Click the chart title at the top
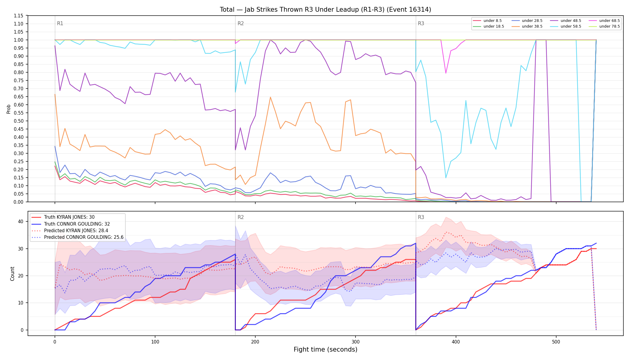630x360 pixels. (x=325, y=10)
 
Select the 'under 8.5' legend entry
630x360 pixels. (x=487, y=21)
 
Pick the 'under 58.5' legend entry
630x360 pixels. (x=565, y=26)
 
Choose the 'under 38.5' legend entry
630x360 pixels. (x=527, y=26)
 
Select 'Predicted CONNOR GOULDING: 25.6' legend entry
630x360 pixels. (x=77, y=237)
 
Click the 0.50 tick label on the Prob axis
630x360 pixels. (x=18, y=121)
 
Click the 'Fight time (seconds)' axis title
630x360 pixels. (x=325, y=349)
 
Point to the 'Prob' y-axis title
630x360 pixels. (x=9, y=109)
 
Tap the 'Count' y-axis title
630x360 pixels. (x=12, y=274)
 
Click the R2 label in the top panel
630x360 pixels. (x=241, y=24)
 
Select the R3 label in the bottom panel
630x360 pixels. (x=421, y=217)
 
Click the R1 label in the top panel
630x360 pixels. (x=60, y=24)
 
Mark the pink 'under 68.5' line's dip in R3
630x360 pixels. (x=446, y=73)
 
